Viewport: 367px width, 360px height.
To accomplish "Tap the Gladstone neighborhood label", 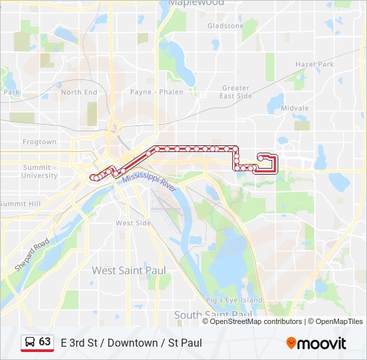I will coord(226,26).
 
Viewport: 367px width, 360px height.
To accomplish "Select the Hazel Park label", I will coord(314,65).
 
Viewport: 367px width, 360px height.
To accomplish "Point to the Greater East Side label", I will coord(236,92).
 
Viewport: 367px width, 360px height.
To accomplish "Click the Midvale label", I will coord(295,108).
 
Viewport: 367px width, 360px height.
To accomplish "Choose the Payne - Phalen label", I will coord(157,92).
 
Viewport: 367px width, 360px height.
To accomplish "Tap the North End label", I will coord(79,92).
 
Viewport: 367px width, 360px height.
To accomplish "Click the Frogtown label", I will coord(39,142).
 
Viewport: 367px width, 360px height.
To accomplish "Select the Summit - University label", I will coord(39,171).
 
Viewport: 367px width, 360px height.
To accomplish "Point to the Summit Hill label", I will coord(21,203).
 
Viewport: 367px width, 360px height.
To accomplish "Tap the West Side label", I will coord(133,223).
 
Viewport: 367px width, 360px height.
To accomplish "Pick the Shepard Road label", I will coord(31,254).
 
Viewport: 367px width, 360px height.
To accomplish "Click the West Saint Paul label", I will coord(129,270).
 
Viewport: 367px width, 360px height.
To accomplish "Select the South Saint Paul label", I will coord(214,314).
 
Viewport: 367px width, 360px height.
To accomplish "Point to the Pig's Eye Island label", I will coord(234,300).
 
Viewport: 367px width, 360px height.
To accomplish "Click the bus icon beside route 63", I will coord(30,342).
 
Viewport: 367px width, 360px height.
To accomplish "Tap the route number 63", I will coord(45,341).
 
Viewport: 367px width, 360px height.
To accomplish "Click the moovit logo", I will coord(316,343).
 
